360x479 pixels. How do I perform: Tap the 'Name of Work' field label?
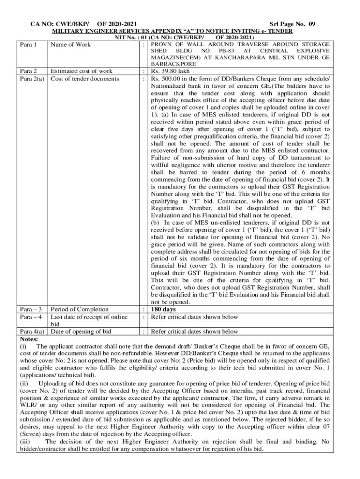tap(71, 45)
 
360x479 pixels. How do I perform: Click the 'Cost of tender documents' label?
tap(85, 79)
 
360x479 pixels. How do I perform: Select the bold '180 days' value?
tap(163, 309)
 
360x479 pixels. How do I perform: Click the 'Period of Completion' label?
tap(79, 309)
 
